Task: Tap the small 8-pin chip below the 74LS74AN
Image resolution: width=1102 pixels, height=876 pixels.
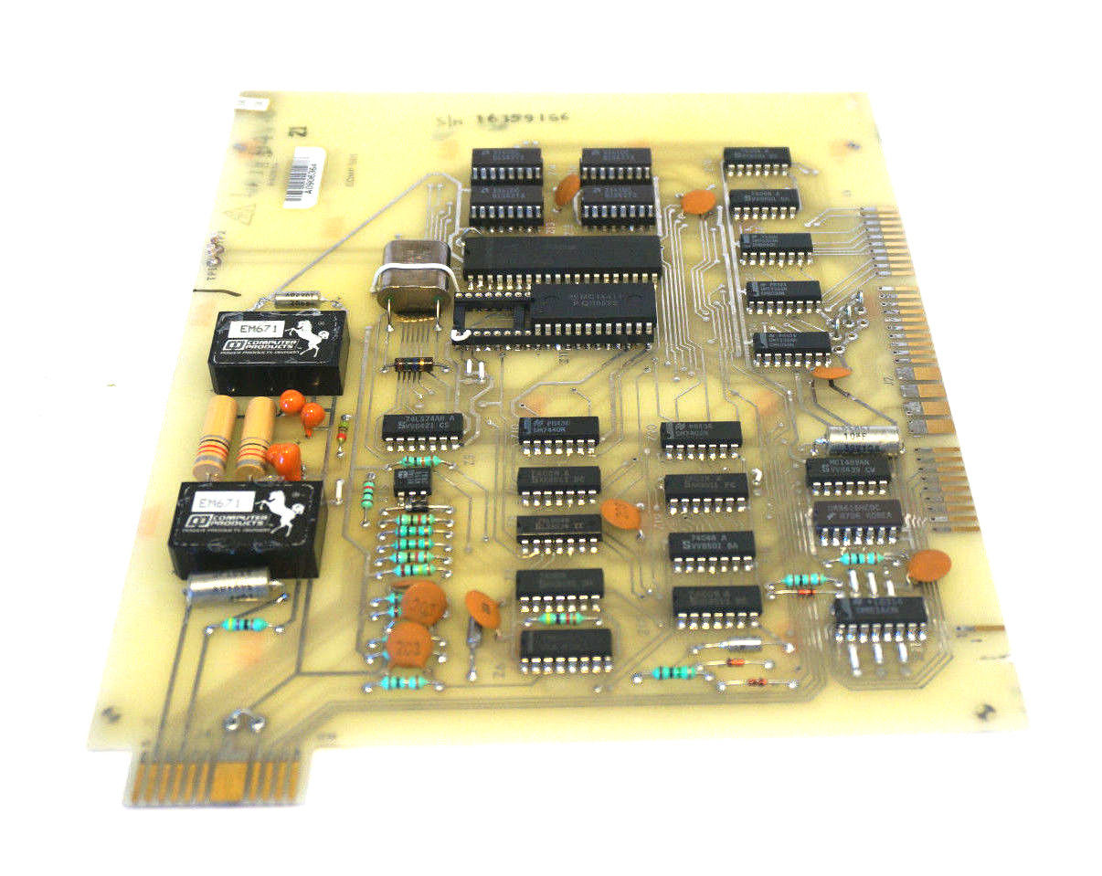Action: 412,481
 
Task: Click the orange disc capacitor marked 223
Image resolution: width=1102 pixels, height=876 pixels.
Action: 408,645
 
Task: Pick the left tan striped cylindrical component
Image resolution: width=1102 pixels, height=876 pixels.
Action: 211,437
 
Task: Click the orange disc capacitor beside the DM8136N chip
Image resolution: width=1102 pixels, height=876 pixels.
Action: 928,565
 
